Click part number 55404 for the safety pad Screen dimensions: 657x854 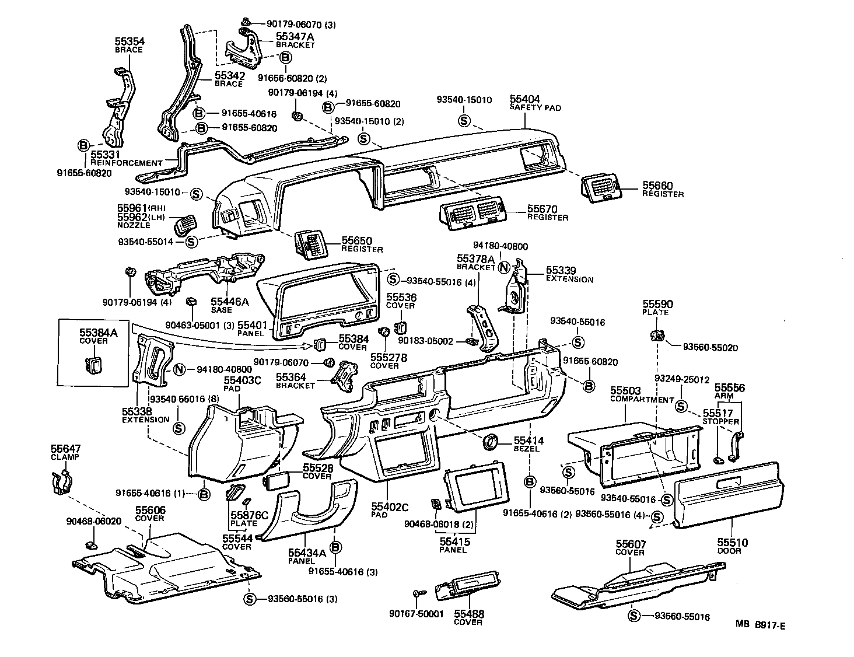(x=524, y=99)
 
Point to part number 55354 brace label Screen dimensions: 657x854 (x=129, y=41)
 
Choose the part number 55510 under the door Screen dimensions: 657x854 (x=732, y=543)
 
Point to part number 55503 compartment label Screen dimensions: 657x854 (x=625, y=390)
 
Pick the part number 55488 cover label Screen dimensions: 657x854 (x=469, y=614)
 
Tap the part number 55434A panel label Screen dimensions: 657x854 (x=307, y=552)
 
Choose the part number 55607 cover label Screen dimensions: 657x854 (x=631, y=544)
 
